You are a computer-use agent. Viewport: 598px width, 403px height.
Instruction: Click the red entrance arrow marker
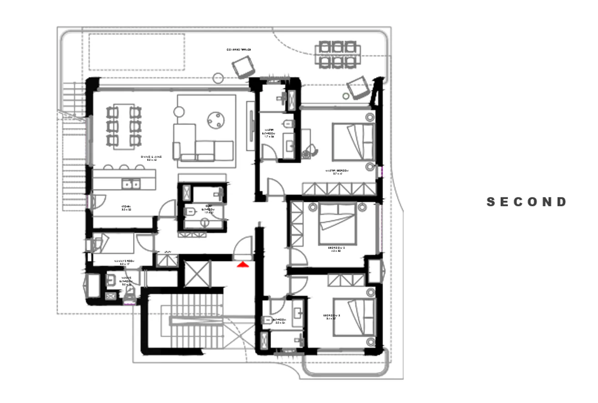[x=242, y=263]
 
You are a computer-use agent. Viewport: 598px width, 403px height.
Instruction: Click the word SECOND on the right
[x=527, y=202]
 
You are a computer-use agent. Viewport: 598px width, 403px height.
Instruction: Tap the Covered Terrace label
[x=239, y=49]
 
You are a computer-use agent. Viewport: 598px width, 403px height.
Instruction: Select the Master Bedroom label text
[x=337, y=171]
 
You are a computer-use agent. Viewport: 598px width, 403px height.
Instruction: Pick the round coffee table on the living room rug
[x=216, y=120]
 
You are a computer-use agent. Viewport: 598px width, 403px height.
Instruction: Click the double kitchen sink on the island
[x=131, y=184]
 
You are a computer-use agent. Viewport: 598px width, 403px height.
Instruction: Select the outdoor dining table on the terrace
[x=337, y=54]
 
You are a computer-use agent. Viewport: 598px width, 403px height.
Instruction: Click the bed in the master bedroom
[x=354, y=141]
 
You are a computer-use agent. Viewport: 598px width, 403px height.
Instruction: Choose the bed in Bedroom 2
[x=337, y=223]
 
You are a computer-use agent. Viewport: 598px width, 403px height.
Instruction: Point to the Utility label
[x=167, y=252]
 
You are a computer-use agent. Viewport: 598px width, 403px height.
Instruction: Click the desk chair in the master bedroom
[x=312, y=151]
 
